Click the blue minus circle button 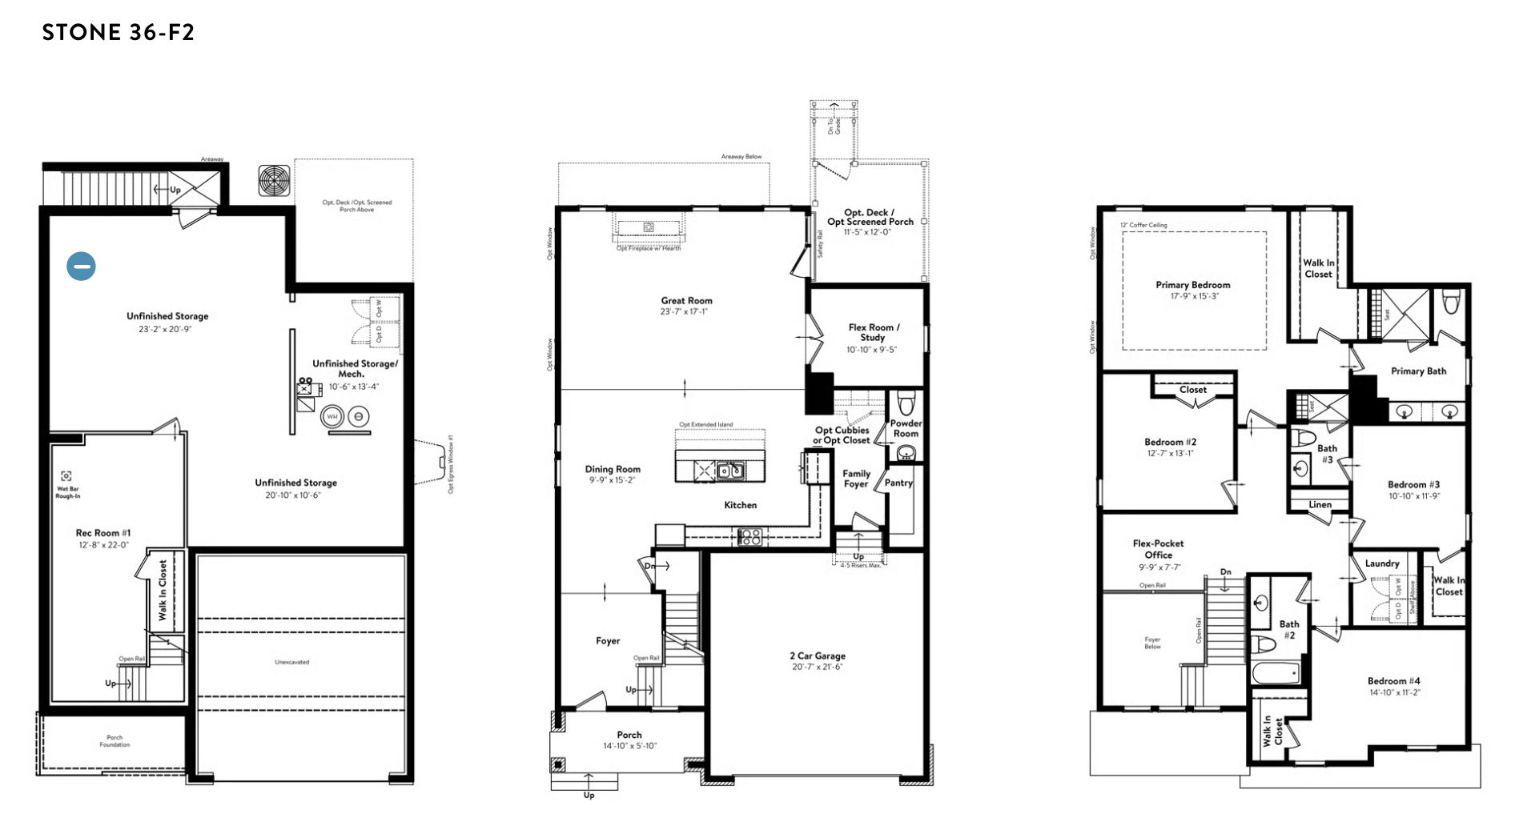click(x=81, y=266)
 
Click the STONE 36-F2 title click(x=119, y=32)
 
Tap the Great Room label click(x=686, y=301)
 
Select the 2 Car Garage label click(x=817, y=656)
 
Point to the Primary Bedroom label click(x=1192, y=285)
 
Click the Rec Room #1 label click(x=103, y=533)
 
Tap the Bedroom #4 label click(x=1393, y=681)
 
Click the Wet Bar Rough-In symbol click(x=66, y=476)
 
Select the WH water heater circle click(x=332, y=417)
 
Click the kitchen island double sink click(x=729, y=471)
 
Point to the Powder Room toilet click(x=906, y=401)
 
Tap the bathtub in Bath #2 click(x=1276, y=673)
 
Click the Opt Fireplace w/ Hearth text click(x=649, y=248)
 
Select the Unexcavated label click(x=291, y=662)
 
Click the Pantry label click(x=898, y=483)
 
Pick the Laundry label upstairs click(x=1382, y=563)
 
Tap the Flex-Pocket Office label click(x=1158, y=549)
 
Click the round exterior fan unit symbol click(x=274, y=181)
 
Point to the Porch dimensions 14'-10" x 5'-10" click(x=629, y=746)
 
